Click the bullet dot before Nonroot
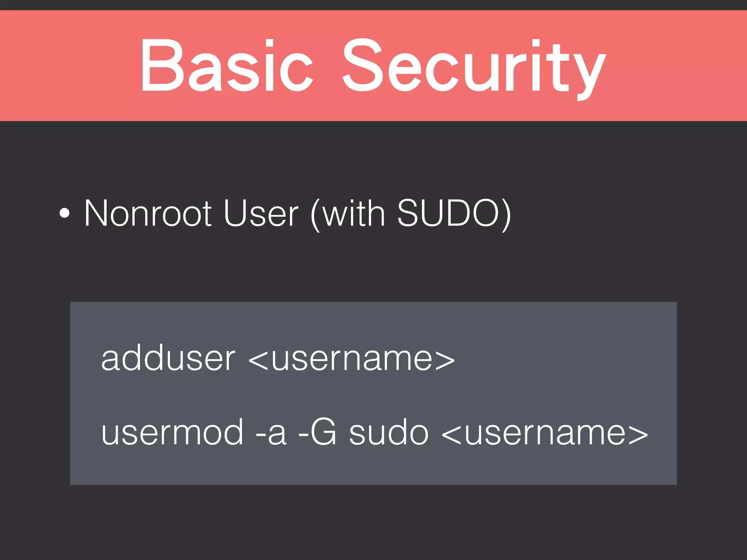click(64, 214)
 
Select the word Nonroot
click(148, 213)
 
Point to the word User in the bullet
click(261, 213)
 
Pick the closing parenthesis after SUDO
click(506, 215)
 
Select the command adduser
click(168, 359)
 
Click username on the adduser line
click(352, 359)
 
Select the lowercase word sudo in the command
click(389, 432)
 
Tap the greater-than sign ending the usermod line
click(638, 435)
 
